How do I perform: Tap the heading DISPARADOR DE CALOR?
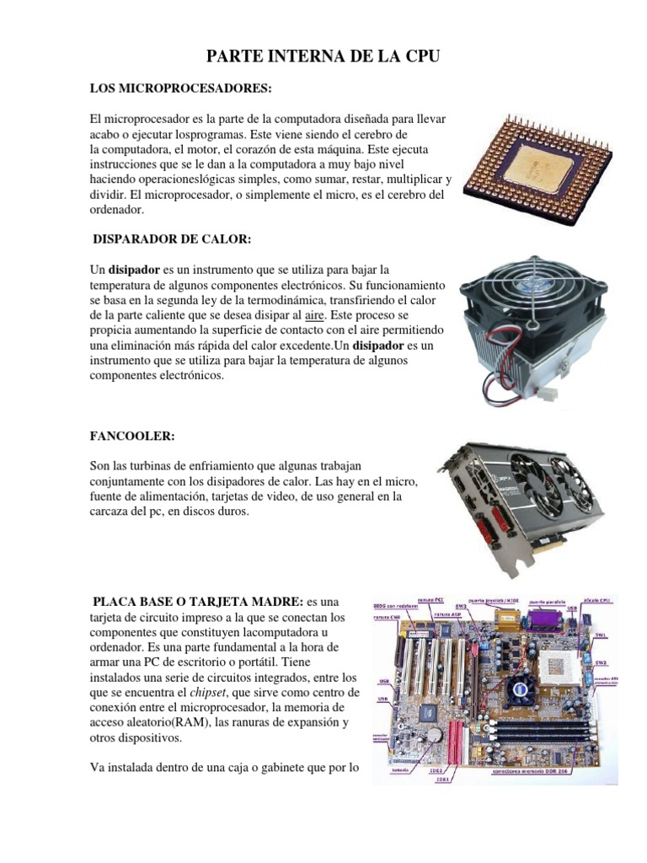click(x=172, y=239)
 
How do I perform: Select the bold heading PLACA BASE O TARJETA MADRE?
click(x=198, y=601)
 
